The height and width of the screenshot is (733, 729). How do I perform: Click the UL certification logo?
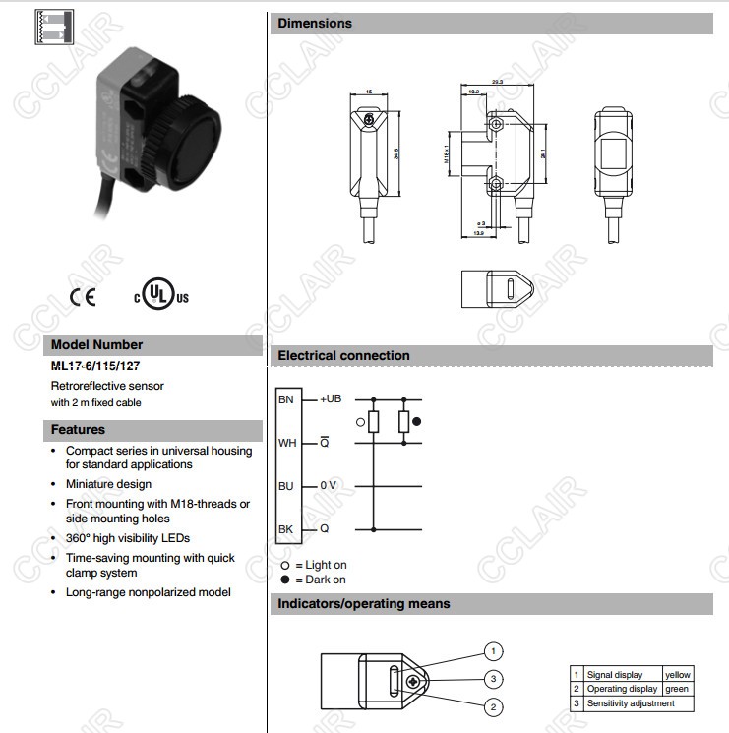(160, 294)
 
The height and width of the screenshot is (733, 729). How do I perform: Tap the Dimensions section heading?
(314, 23)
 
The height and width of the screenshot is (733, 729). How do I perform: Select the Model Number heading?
(96, 345)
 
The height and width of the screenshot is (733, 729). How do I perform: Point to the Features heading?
(78, 430)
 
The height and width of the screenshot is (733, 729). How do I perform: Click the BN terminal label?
(286, 399)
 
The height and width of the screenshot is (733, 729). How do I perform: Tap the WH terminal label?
(287, 443)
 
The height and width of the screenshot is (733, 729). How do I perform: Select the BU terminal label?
(286, 486)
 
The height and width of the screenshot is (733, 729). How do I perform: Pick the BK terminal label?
(286, 529)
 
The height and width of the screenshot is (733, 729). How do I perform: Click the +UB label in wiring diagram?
(331, 399)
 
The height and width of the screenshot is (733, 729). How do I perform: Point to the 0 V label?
(329, 486)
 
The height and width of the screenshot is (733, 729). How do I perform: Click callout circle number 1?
(494, 651)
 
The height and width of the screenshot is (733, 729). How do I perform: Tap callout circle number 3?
(494, 679)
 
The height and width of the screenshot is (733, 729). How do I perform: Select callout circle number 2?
(494, 706)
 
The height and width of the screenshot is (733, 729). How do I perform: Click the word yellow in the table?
(679, 675)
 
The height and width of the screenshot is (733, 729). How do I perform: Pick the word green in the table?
(677, 689)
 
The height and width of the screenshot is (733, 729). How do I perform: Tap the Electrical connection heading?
(343, 356)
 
